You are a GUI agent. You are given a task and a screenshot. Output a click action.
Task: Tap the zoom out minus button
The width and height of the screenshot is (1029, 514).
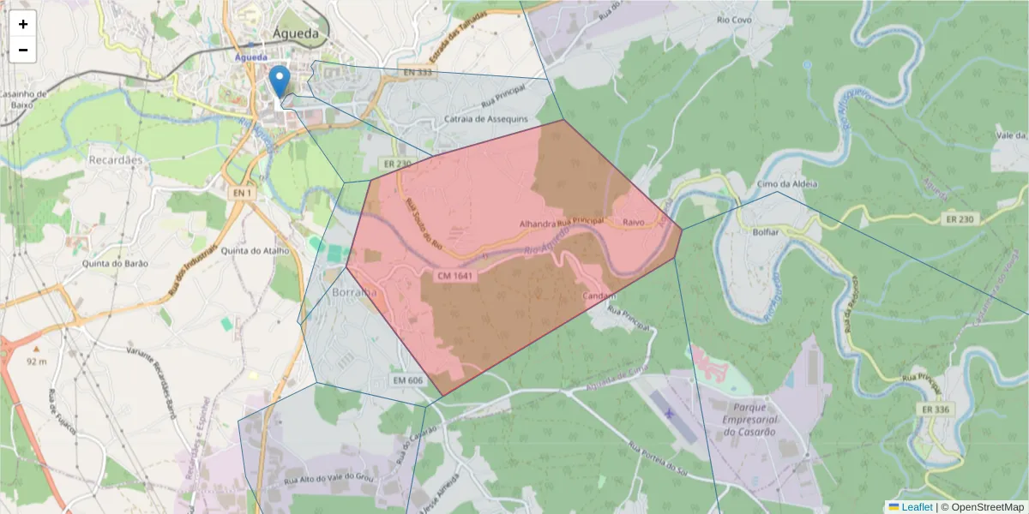coord(23,51)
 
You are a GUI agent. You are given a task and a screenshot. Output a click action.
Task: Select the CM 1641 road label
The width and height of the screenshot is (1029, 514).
coord(455,276)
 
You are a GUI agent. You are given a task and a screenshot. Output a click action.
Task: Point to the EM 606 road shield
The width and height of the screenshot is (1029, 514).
coord(408,380)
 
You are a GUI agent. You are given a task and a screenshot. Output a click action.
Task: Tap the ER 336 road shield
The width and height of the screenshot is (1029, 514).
coord(936,409)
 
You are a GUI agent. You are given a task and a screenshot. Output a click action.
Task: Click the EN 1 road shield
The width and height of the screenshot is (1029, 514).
coord(243,194)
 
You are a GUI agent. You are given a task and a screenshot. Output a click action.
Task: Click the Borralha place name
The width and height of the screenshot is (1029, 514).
coord(353,292)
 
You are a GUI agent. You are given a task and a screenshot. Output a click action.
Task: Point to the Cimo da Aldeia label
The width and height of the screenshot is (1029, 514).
coord(787,184)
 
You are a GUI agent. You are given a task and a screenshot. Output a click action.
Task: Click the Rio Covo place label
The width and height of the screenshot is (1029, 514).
coord(735,19)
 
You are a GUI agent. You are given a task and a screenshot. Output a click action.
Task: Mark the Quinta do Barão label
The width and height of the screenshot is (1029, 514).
coord(114,264)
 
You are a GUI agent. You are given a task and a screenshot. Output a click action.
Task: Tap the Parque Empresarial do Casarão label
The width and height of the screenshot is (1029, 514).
coord(749,420)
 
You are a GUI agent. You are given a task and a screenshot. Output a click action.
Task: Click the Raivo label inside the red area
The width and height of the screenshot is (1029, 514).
coord(634,222)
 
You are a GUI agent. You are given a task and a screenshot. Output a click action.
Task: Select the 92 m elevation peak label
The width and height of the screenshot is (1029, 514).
coord(36,362)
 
